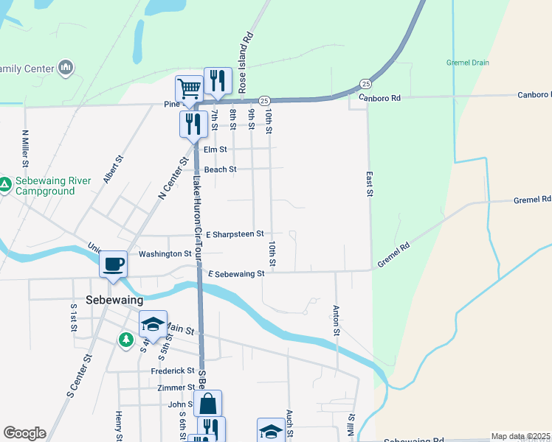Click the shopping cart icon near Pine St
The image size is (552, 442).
[x=190, y=89]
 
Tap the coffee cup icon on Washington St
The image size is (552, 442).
[x=113, y=264]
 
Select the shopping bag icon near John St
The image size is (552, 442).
[x=208, y=403]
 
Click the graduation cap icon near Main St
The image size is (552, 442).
[x=153, y=324]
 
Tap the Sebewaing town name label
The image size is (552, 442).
[x=114, y=301]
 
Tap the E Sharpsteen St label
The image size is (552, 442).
[x=235, y=234]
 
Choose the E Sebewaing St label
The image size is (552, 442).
[x=236, y=274]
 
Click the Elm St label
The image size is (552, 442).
[x=215, y=149]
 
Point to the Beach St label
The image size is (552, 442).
[x=220, y=169]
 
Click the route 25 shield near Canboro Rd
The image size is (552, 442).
[x=366, y=83]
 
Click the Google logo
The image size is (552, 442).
[x=24, y=433]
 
